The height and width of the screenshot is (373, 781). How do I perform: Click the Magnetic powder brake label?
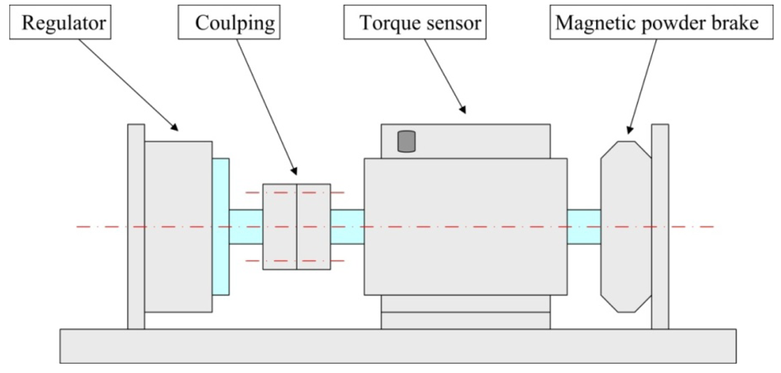point(656,23)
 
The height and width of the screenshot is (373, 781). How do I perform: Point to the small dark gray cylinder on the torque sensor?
point(407,142)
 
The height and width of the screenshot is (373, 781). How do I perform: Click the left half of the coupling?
point(280,227)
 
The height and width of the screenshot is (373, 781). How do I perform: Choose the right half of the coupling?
point(313,227)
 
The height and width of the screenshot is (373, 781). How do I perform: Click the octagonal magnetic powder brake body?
point(625,227)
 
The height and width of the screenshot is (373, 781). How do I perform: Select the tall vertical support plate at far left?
point(136,226)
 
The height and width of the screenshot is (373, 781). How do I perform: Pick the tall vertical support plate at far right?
point(660,226)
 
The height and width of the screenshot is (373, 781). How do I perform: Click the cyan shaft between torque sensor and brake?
point(583,227)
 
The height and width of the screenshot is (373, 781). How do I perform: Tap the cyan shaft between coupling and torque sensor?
point(347,227)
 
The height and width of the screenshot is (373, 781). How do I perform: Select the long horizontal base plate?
point(398,346)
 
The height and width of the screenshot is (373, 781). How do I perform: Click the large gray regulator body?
point(178,226)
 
